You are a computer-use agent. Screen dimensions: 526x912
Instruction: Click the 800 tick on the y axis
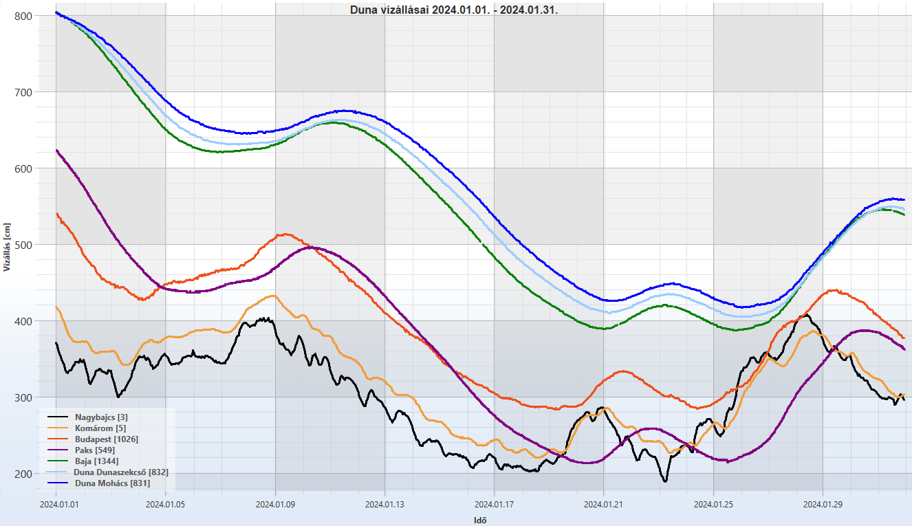23,15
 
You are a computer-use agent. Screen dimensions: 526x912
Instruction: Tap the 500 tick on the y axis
23,245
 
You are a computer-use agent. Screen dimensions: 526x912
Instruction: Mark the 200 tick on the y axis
23,474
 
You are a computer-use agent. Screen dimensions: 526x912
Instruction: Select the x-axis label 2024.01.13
385,504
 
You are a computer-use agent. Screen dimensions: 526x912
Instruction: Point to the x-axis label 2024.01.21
604,504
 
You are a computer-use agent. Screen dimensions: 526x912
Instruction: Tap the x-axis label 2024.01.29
823,504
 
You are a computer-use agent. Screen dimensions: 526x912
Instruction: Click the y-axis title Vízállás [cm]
7,248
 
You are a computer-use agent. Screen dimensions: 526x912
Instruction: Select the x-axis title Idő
481,520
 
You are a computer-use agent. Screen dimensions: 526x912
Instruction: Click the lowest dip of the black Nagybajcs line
665,481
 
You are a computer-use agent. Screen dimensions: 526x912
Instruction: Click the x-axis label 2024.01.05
166,504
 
